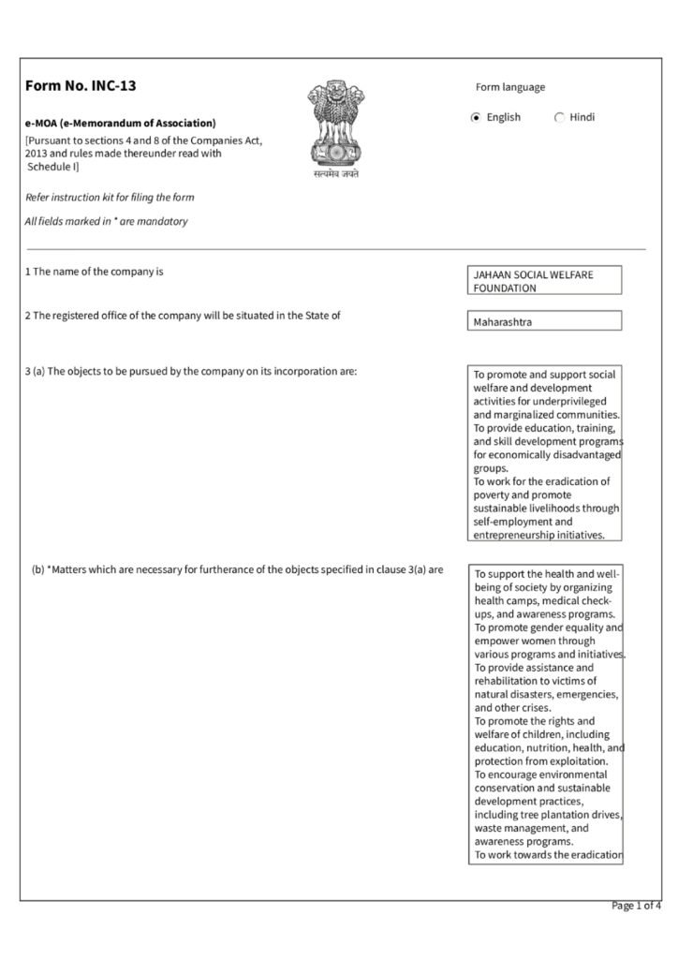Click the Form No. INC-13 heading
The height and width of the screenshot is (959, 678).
pyautogui.click(x=81, y=86)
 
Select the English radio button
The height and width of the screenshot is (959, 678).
pyautogui.click(x=476, y=118)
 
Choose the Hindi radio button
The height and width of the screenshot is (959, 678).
pyautogui.click(x=560, y=118)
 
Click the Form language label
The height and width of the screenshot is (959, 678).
pyautogui.click(x=510, y=87)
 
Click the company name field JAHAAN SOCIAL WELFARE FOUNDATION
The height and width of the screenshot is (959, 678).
pyautogui.click(x=545, y=281)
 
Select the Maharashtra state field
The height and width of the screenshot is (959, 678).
pyautogui.click(x=545, y=321)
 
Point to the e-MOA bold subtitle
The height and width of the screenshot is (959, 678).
pyautogui.click(x=120, y=123)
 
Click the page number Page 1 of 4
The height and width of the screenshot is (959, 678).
pyautogui.click(x=636, y=906)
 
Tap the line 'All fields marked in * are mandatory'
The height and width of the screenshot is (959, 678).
pyautogui.click(x=106, y=221)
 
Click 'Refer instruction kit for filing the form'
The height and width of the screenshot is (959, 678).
pyautogui.click(x=110, y=198)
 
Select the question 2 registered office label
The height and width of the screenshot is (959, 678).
pyautogui.click(x=183, y=315)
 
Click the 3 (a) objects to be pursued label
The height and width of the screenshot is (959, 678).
pyautogui.click(x=190, y=371)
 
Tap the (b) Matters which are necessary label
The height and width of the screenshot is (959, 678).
pyautogui.click(x=237, y=568)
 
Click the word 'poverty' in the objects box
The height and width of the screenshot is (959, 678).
pyautogui.click(x=494, y=494)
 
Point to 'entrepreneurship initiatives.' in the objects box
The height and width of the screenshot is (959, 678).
pyautogui.click(x=538, y=535)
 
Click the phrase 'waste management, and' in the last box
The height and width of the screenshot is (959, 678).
pyautogui.click(x=531, y=828)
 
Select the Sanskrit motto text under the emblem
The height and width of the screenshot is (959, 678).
pyautogui.click(x=336, y=174)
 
